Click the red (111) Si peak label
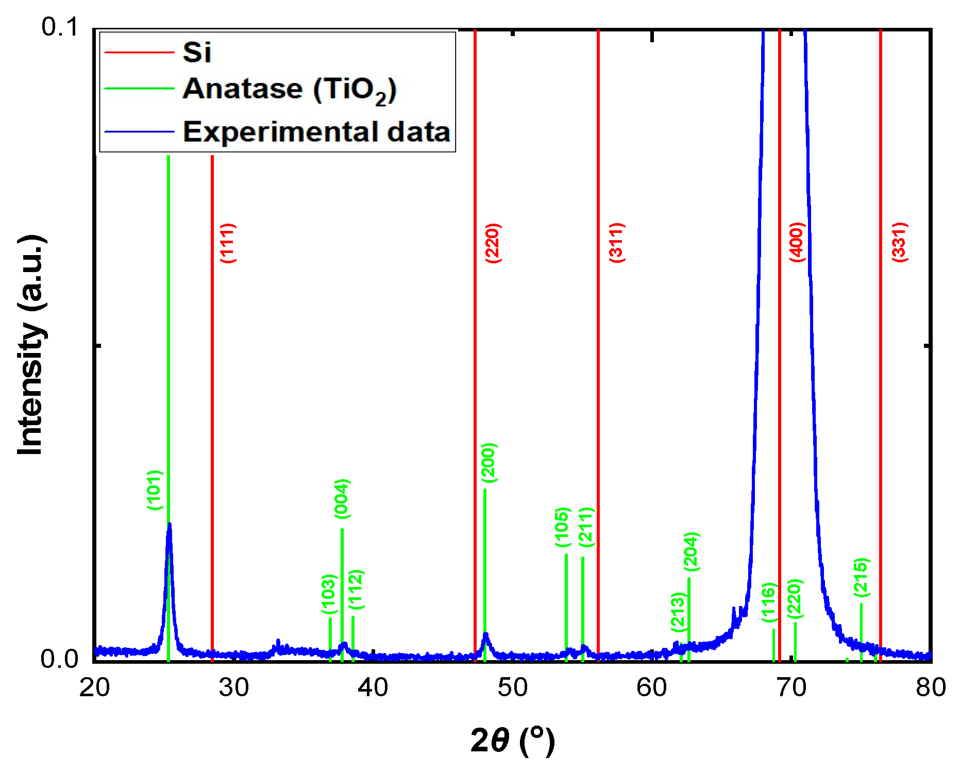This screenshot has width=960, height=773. pyautogui.click(x=228, y=243)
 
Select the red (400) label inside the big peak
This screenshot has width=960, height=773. pyautogui.click(x=797, y=242)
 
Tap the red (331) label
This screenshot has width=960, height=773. pyautogui.click(x=899, y=242)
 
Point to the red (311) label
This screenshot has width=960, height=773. pyautogui.click(x=617, y=243)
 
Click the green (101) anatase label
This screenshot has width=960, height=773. pyautogui.click(x=155, y=490)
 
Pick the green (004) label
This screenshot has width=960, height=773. pyautogui.click(x=342, y=498)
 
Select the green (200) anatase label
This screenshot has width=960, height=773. pyautogui.click(x=489, y=462)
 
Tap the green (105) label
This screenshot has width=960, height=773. pyautogui.click(x=563, y=527)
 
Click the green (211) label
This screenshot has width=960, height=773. pyautogui.click(x=586, y=527)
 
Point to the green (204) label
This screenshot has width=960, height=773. pyautogui.click(x=691, y=551)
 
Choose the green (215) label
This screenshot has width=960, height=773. pyautogui.click(x=862, y=577)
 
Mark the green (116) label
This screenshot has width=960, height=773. pyautogui.click(x=769, y=602)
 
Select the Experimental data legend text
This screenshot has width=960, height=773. pyautogui.click(x=316, y=132)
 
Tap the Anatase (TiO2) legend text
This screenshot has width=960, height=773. pyautogui.click(x=290, y=90)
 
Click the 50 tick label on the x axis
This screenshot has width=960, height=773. pyautogui.click(x=512, y=687)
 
